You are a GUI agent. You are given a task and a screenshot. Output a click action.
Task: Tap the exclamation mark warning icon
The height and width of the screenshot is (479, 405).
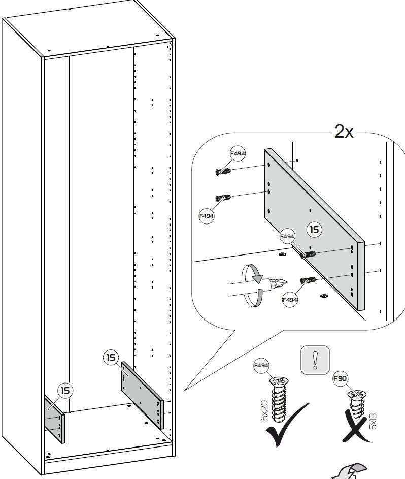(315, 360)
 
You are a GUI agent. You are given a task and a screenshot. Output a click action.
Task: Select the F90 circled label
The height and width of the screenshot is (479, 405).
(340, 378)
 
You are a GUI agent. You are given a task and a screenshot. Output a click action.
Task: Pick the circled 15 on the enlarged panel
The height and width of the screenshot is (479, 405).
(315, 230)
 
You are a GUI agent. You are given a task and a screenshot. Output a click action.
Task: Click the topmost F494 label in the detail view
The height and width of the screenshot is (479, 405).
(237, 153)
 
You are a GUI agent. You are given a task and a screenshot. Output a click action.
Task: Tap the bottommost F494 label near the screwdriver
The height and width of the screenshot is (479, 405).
(289, 300)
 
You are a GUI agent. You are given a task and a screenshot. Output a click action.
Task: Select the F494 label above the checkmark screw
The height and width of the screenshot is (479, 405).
(261, 365)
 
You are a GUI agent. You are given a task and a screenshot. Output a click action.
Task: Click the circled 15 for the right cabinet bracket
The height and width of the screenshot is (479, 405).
(111, 357)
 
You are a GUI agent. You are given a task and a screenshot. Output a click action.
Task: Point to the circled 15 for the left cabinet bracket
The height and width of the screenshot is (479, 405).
(65, 391)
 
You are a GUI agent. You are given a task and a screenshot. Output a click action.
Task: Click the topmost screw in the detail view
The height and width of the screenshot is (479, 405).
(223, 171)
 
